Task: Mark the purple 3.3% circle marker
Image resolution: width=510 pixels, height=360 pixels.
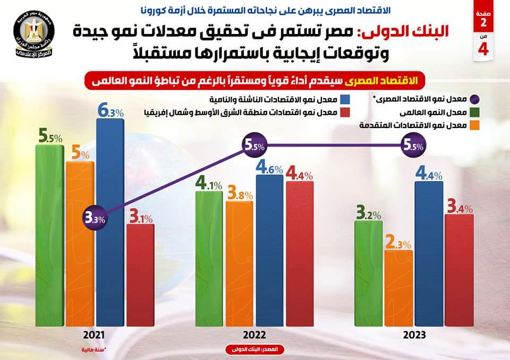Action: pyautogui.click(x=96, y=218)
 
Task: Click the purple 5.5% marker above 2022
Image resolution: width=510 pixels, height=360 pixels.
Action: pyautogui.click(x=254, y=146)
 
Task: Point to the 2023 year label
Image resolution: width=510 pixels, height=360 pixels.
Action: pyautogui.click(x=413, y=336)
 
